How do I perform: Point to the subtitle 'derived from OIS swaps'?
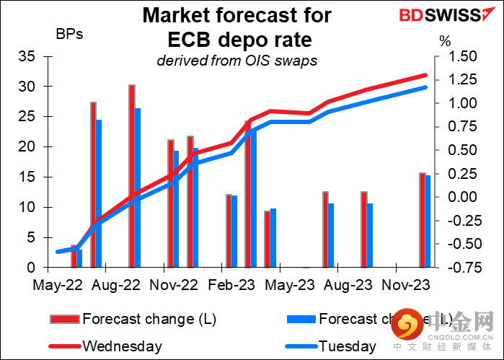pos(237,61)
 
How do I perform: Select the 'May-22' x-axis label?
pos(56,285)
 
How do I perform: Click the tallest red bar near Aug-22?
pos(132,176)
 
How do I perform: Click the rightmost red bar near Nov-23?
pos(423,220)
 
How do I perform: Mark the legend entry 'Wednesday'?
pos(123,346)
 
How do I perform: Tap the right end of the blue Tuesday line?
pos(425,87)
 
